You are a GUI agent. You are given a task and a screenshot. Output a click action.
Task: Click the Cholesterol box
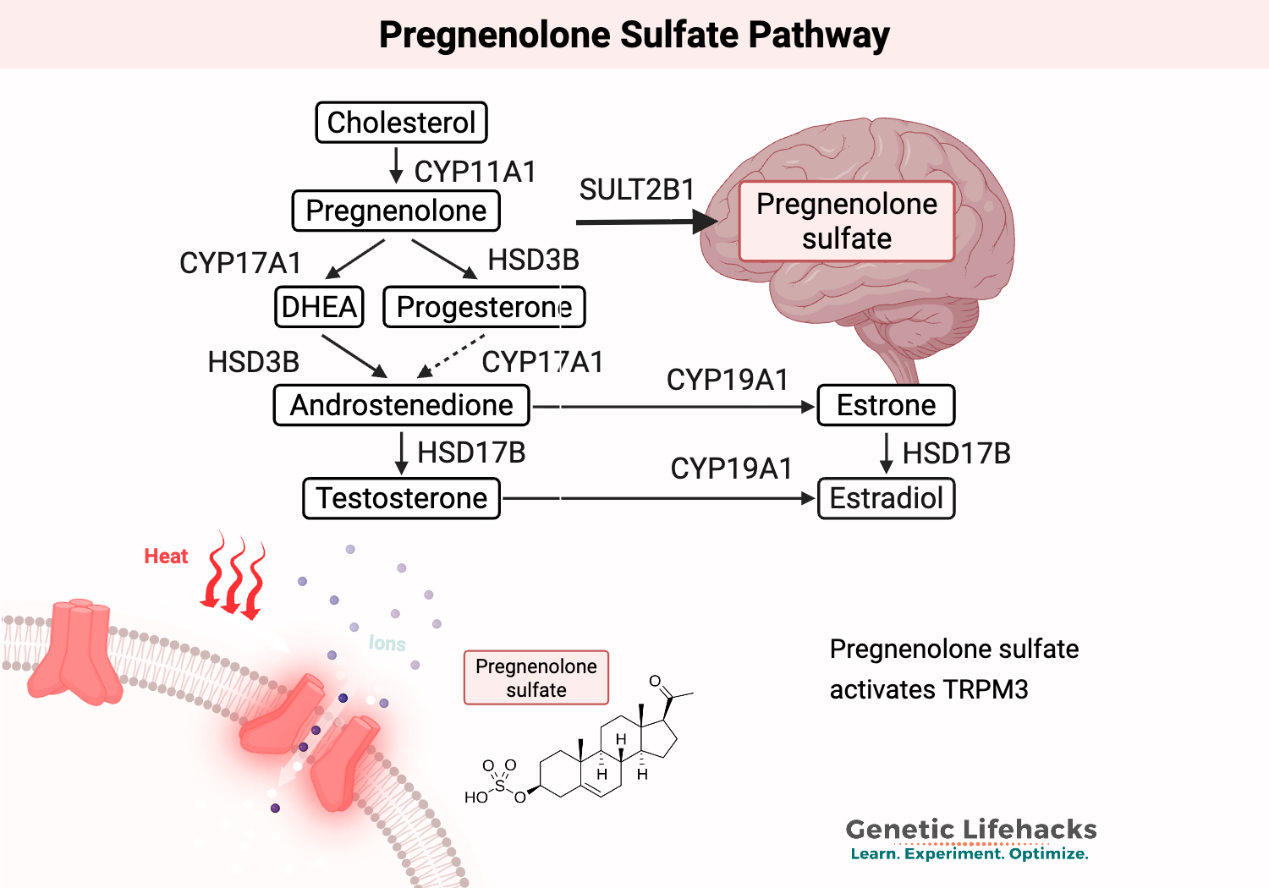(x=401, y=123)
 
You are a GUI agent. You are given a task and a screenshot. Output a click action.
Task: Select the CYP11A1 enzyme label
(x=475, y=172)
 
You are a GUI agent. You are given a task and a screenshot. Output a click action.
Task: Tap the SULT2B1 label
(x=636, y=189)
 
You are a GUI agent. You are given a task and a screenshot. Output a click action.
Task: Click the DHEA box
(x=319, y=306)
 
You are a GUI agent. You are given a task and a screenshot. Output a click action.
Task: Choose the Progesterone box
(x=484, y=307)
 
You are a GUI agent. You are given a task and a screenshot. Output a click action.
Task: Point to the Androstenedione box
(x=401, y=405)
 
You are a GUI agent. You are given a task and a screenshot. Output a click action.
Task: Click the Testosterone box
(x=401, y=498)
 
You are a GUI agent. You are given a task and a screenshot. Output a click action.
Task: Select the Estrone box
(x=886, y=405)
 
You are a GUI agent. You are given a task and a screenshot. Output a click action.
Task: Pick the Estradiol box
(x=886, y=498)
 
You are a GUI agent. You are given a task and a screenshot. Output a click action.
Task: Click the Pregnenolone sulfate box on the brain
(x=847, y=222)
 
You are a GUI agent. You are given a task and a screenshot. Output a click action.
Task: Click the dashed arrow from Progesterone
(x=452, y=356)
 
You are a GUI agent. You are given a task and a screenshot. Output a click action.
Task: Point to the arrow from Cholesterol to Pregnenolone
(x=396, y=166)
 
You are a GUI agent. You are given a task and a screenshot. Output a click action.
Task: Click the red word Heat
(x=166, y=556)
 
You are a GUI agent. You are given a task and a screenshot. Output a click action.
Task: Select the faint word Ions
(x=387, y=644)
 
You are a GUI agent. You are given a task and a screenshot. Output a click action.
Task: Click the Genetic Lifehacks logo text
(x=970, y=830)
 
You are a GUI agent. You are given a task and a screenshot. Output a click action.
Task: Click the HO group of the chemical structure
(x=475, y=798)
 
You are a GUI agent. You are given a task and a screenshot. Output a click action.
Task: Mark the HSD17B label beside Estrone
(x=956, y=453)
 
